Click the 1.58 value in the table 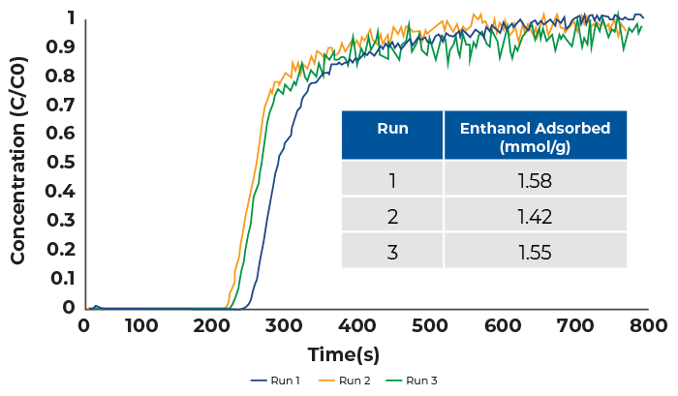click(x=536, y=180)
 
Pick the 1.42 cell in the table click(x=536, y=216)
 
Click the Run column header click(x=392, y=128)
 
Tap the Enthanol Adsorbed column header click(x=536, y=137)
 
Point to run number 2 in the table click(x=392, y=216)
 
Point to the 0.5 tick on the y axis click(x=61, y=162)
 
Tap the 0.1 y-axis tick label click(x=61, y=278)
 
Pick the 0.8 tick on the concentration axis click(x=61, y=76)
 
